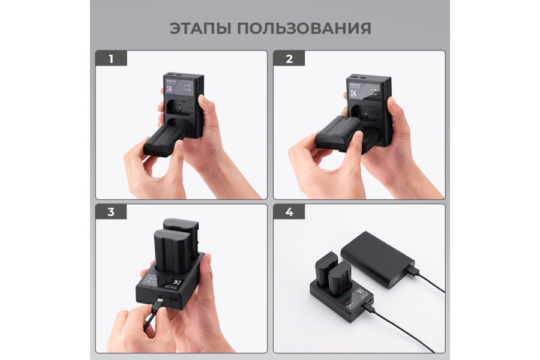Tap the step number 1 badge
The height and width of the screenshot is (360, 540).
point(110,59)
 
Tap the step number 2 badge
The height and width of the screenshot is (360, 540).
point(289,59)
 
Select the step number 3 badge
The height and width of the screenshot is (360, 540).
point(110,212)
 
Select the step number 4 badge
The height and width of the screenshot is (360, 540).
point(289,212)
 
